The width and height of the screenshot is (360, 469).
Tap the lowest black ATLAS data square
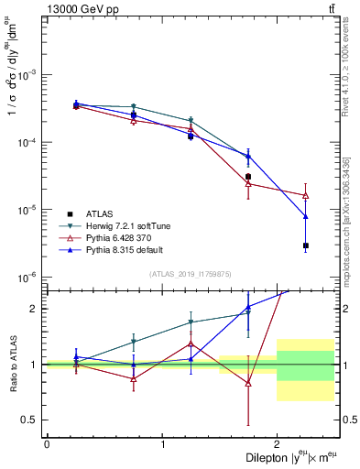(306, 245)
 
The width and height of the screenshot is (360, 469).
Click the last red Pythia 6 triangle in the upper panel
(306, 195)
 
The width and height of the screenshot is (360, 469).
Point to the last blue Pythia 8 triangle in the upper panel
(306, 216)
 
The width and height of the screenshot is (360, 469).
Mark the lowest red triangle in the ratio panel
(248, 383)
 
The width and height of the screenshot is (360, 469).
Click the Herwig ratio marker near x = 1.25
(191, 322)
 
